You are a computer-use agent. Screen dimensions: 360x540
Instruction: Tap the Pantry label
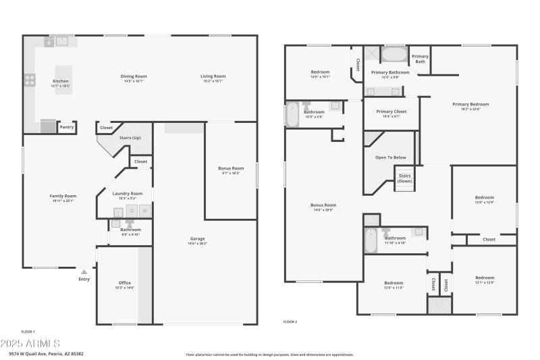point(67,127)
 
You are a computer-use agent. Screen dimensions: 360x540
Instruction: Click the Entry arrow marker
point(84,272)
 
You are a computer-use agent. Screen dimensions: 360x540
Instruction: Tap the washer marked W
point(144,211)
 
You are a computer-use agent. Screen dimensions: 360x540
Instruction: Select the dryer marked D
point(131,211)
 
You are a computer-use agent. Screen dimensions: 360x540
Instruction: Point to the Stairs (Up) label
point(130,137)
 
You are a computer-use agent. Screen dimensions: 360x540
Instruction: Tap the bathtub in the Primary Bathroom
point(395,54)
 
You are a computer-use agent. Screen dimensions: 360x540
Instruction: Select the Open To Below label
point(391,157)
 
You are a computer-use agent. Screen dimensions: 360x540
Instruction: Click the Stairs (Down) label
point(404,178)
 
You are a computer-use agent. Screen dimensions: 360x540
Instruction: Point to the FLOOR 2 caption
point(290,322)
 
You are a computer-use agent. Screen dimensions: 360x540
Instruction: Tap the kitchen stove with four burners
point(30,80)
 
